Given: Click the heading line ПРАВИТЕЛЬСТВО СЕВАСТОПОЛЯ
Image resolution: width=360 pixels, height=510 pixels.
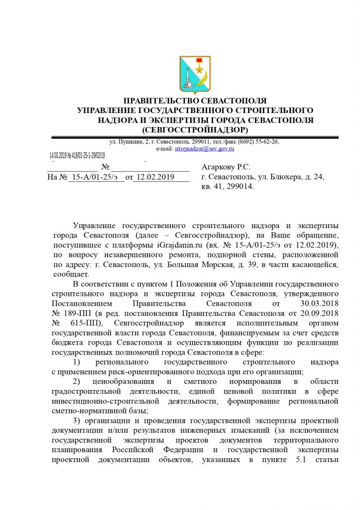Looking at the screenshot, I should tap(195, 101).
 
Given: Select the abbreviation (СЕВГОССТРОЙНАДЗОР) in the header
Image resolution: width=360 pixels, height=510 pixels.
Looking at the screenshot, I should tap(195, 130).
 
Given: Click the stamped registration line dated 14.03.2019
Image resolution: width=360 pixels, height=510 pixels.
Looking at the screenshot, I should tap(78, 156).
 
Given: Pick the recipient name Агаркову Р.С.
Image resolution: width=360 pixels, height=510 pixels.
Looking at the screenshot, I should tap(226, 167).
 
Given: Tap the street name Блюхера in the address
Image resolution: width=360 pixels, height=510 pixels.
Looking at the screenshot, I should tap(281, 177).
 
